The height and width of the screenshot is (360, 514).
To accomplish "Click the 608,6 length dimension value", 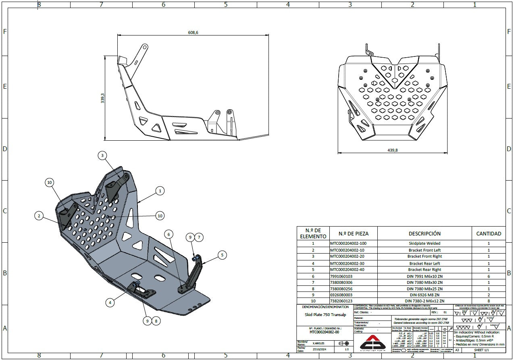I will pyautogui.click(x=193, y=33).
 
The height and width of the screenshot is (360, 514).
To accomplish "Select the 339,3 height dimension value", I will pyautogui.click(x=103, y=98).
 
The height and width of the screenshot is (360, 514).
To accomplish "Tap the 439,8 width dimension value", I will pyautogui.click(x=392, y=150).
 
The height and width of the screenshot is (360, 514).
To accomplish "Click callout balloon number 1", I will pyautogui.click(x=160, y=191).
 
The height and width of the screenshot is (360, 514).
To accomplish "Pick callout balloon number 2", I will pyautogui.click(x=39, y=216).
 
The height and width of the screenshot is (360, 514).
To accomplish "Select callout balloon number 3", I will pyautogui.click(x=102, y=155).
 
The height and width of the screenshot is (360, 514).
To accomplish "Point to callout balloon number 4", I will pyautogui.click(x=110, y=302).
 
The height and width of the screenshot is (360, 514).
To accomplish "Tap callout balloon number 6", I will pyautogui.click(x=169, y=234).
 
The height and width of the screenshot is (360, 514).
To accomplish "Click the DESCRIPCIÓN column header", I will pyautogui.click(x=425, y=233).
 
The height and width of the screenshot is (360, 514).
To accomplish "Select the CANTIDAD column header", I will pyautogui.click(x=489, y=233).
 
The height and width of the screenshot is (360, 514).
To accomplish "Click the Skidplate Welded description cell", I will pyautogui.click(x=425, y=243).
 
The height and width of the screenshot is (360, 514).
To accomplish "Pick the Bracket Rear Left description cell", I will pyautogui.click(x=425, y=263).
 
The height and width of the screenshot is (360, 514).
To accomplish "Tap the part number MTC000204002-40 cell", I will pyautogui.click(x=348, y=270).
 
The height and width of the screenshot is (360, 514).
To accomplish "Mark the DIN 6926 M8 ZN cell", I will pyautogui.click(x=425, y=295).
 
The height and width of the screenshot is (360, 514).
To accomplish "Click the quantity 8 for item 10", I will pyautogui.click(x=489, y=301).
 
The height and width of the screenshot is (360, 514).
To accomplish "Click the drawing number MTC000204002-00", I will pyautogui.click(x=324, y=332).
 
